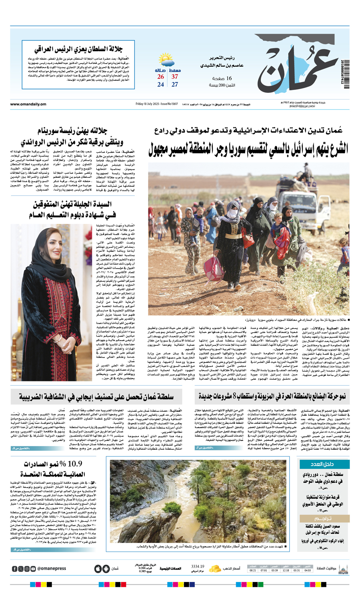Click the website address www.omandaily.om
(28, 104)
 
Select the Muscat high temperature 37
(175, 77)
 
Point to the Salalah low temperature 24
(161, 85)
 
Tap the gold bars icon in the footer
(216, 568)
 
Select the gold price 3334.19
(198, 566)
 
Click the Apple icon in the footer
(98, 569)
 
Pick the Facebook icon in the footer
(15, 569)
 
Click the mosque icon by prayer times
(343, 569)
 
